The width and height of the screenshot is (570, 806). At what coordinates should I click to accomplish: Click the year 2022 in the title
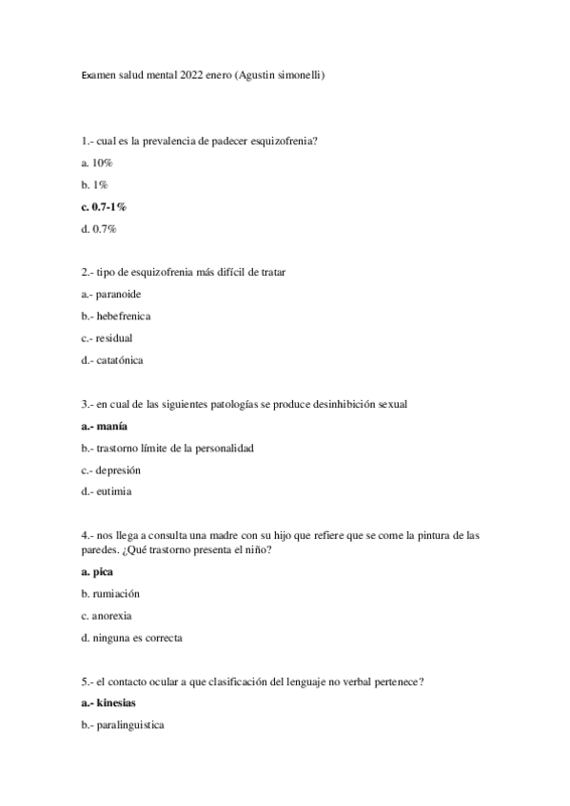pos(206,76)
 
